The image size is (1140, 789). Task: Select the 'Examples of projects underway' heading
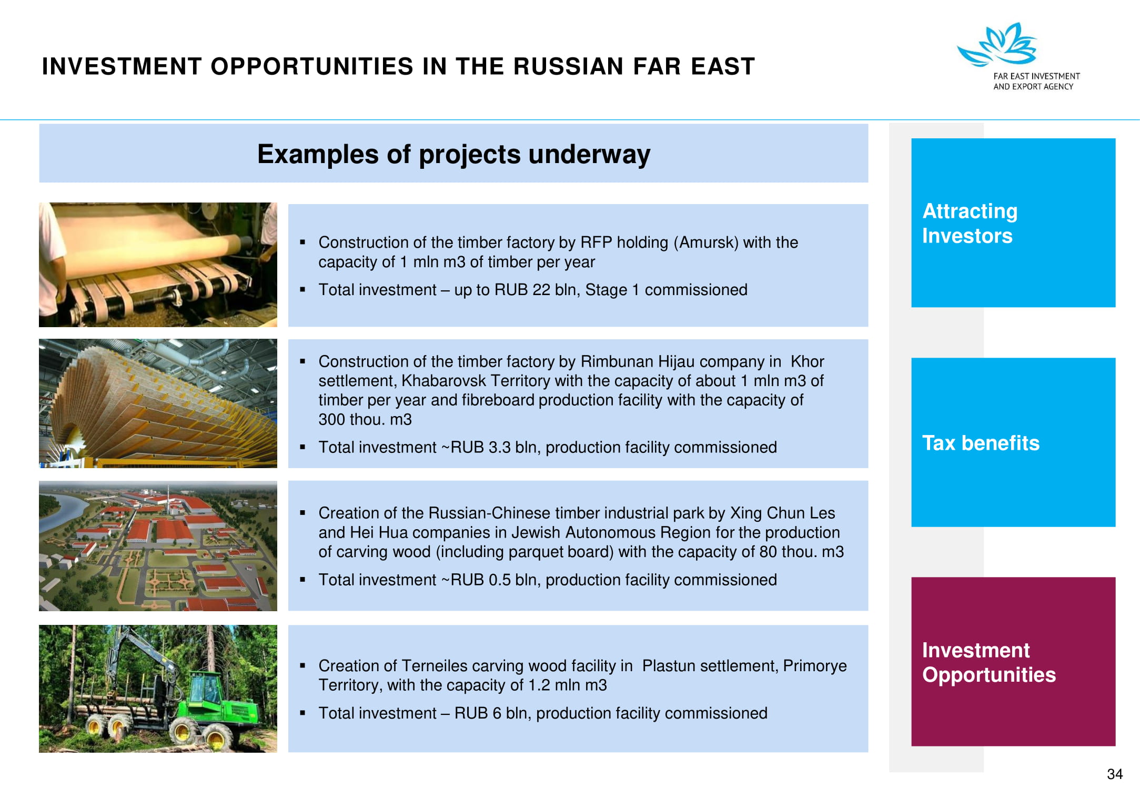(453, 154)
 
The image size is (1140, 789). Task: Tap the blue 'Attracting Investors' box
(1013, 222)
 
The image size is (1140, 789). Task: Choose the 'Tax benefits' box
(1013, 442)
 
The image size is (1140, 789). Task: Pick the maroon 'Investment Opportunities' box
(1013, 662)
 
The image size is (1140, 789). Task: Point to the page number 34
(1115, 774)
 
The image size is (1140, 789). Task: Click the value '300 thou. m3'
(365, 420)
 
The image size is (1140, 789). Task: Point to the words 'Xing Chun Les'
(783, 513)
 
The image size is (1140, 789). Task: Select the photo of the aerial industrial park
(158, 546)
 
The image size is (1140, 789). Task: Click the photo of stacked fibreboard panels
(158, 403)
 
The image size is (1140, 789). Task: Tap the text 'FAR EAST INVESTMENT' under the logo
(1036, 76)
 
